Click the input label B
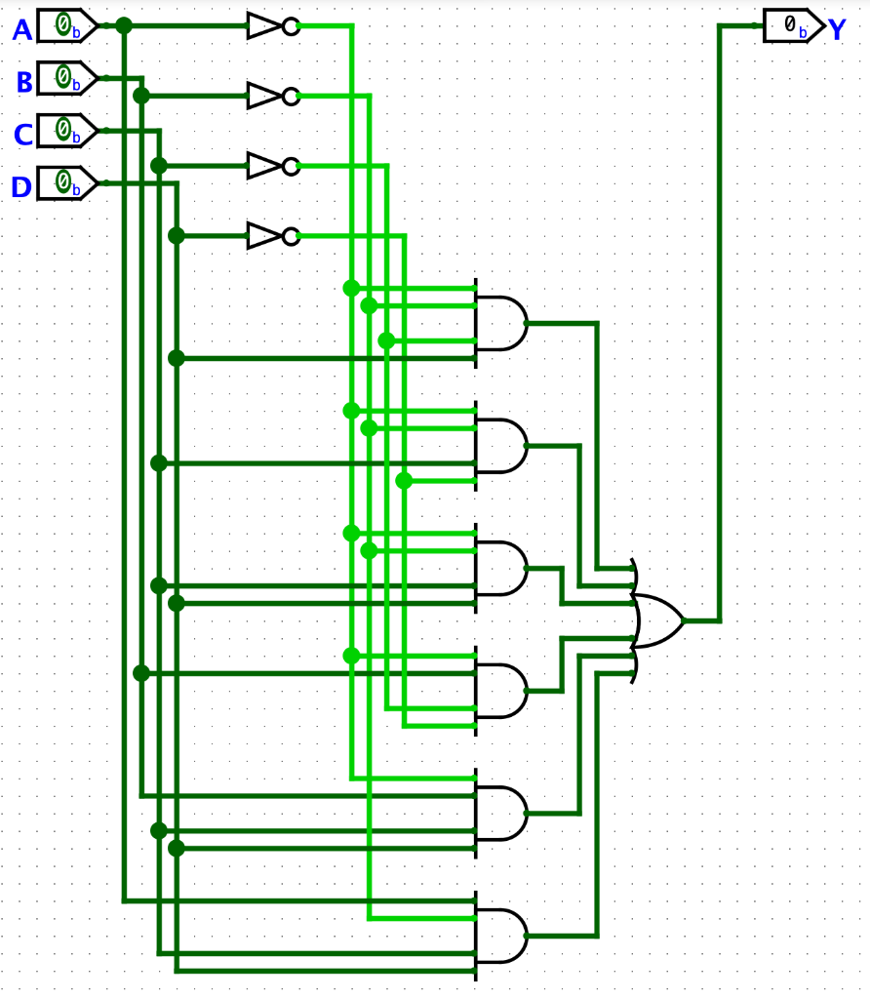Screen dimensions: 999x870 [x=24, y=82]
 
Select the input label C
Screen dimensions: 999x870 [x=22, y=134]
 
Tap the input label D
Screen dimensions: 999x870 [x=21, y=186]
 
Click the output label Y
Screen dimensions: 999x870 [x=837, y=29]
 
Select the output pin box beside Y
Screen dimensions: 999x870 [x=793, y=26]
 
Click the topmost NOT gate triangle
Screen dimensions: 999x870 [x=264, y=26]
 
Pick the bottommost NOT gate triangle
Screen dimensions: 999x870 [x=264, y=236]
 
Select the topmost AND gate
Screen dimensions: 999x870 [x=500, y=323]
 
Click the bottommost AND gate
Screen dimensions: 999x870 [x=500, y=936]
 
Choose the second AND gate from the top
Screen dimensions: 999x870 [x=500, y=446]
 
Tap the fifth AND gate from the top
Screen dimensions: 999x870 [x=500, y=813]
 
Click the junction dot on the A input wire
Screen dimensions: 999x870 [x=124, y=25]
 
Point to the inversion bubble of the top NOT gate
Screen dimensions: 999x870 [x=291, y=26]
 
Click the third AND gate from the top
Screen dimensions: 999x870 [x=500, y=568]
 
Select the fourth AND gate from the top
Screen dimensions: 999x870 [x=500, y=691]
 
